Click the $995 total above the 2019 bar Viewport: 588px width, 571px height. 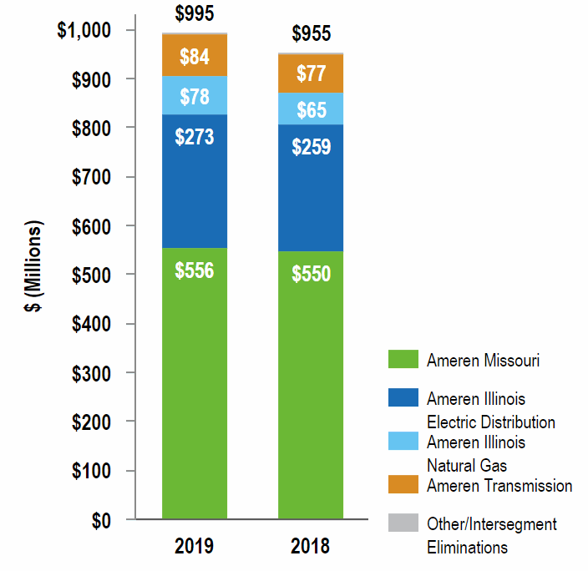pos(195,13)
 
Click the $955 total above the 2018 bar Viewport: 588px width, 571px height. pos(311,33)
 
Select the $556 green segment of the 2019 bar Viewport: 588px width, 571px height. pos(195,383)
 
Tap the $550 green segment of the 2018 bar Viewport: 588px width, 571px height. pos(311,385)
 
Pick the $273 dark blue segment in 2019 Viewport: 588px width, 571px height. pos(195,181)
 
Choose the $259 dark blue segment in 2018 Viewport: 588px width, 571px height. pos(311,188)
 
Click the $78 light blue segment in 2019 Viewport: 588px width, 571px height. pos(195,95)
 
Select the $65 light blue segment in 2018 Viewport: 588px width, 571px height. pos(311,109)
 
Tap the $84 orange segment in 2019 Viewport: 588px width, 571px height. pos(195,56)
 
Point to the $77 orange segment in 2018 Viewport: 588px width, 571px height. pos(311,73)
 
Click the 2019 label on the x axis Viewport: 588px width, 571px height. pos(195,547)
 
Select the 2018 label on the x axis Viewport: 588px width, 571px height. pos(311,547)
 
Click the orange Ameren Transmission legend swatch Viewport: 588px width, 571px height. pos(403,485)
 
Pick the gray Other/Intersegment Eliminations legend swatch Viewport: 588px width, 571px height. pos(403,523)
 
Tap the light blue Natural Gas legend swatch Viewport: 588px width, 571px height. pos(403,442)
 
